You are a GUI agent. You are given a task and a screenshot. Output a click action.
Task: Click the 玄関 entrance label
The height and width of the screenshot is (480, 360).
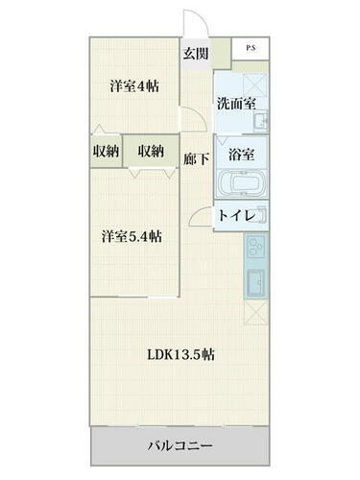(x=198, y=54)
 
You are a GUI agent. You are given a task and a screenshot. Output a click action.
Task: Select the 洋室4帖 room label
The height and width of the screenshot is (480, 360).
(x=133, y=86)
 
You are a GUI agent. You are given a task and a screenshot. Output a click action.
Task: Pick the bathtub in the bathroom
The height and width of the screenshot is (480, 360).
(x=239, y=183)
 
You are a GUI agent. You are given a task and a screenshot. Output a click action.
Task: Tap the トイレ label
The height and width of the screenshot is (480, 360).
(x=236, y=216)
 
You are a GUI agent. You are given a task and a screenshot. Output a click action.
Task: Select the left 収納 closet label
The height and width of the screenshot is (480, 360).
(x=106, y=152)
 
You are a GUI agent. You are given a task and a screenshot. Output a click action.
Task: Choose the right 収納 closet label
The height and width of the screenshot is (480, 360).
(x=150, y=152)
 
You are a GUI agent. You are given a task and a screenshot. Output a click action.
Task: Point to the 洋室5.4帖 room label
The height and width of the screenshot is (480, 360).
(x=132, y=237)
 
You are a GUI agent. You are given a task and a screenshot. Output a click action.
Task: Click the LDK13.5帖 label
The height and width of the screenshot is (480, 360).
(x=180, y=354)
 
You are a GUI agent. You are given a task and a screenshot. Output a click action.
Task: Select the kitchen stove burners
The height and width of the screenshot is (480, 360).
(x=258, y=252)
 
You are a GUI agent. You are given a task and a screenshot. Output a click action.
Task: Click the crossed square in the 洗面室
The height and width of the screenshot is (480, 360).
(x=254, y=84)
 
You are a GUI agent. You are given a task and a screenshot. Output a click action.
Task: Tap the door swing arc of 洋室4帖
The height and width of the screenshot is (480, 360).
(x=194, y=117)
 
